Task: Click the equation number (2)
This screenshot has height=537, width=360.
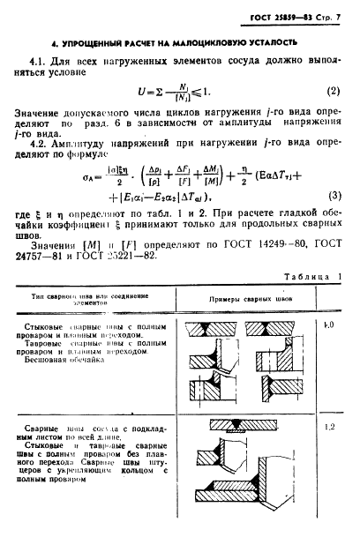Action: [x=334, y=91]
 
